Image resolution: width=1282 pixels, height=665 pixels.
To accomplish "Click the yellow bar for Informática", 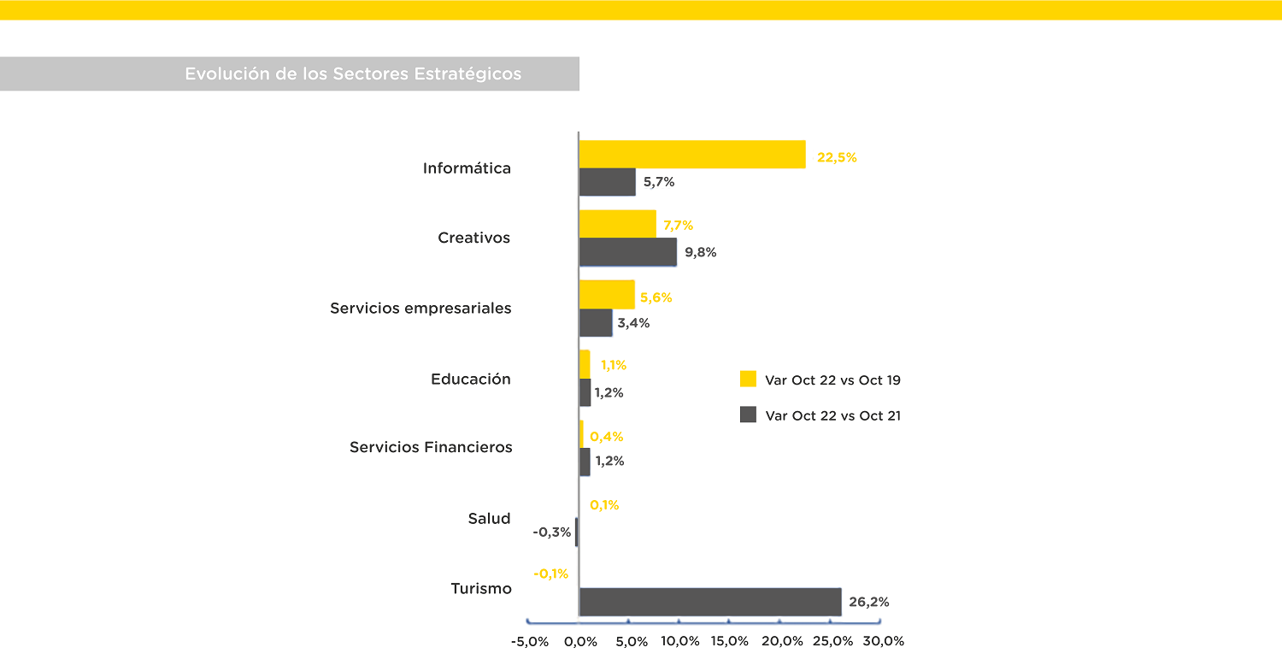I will coord(692,155).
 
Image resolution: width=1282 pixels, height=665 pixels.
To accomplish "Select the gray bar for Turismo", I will coord(709,602).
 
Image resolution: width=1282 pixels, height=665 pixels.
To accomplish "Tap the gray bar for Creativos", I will coord(627,252).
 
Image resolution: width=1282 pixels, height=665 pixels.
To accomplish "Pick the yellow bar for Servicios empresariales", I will coord(607,294).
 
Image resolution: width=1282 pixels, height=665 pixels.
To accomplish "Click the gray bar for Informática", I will coord(607,182).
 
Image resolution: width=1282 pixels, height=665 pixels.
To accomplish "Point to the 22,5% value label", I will coord(836,157).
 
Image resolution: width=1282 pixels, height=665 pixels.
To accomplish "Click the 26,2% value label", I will coord(868,602).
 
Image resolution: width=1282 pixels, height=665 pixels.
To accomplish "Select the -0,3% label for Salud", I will coord(552,532).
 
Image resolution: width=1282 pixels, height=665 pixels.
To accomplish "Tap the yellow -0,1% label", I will coord(550,574).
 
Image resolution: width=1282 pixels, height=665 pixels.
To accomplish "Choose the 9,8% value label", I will coord(700,252).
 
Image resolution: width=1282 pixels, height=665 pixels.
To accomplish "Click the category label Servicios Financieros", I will coord(431,447).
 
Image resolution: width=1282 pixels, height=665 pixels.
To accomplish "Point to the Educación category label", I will coord(471,379).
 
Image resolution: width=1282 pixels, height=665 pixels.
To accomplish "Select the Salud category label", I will coord(489,518).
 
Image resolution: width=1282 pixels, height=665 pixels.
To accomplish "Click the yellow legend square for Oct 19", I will coord(748,379).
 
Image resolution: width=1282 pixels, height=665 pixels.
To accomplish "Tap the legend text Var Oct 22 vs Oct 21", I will coord(833,415).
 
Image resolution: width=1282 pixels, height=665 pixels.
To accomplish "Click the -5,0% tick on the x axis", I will coord(529,641).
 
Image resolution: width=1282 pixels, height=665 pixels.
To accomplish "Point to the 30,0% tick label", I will coord(883,641).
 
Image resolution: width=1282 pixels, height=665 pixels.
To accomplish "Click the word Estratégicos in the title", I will coord(468,74).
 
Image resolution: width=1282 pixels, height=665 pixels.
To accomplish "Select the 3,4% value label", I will coord(633,323).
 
